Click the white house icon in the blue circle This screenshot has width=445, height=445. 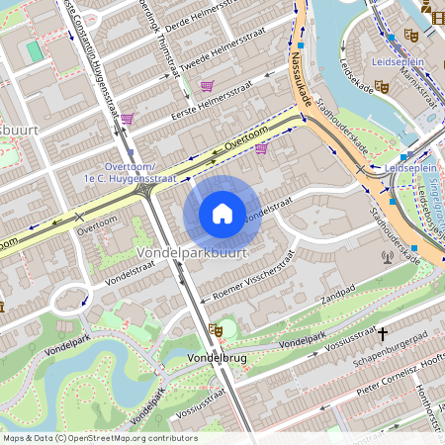point(222,213)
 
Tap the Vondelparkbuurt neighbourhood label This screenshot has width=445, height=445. point(192,254)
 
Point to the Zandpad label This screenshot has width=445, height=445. point(337,295)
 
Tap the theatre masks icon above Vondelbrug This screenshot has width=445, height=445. point(216,329)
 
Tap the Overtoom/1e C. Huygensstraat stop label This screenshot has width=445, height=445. point(138,174)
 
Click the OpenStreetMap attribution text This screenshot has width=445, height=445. point(99,438)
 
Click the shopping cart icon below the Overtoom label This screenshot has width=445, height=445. point(261,149)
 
